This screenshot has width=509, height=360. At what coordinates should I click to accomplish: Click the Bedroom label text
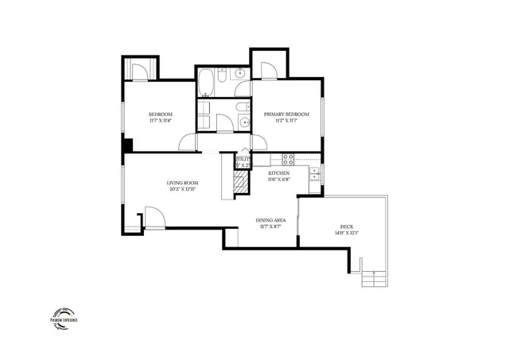click(161, 114)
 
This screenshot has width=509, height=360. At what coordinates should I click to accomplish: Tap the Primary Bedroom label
click(286, 114)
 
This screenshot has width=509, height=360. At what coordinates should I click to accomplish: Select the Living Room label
click(181, 184)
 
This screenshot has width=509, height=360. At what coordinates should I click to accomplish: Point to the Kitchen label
click(278, 172)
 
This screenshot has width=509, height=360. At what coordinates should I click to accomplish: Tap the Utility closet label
click(243, 160)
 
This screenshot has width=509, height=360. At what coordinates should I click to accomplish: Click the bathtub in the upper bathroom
click(208, 82)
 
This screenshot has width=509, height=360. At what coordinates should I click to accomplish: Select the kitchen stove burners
click(288, 157)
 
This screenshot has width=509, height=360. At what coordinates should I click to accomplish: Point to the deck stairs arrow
click(372, 279)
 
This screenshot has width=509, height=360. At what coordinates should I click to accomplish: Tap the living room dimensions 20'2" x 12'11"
click(181, 190)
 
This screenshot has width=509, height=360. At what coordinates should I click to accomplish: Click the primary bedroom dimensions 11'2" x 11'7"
click(286, 121)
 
